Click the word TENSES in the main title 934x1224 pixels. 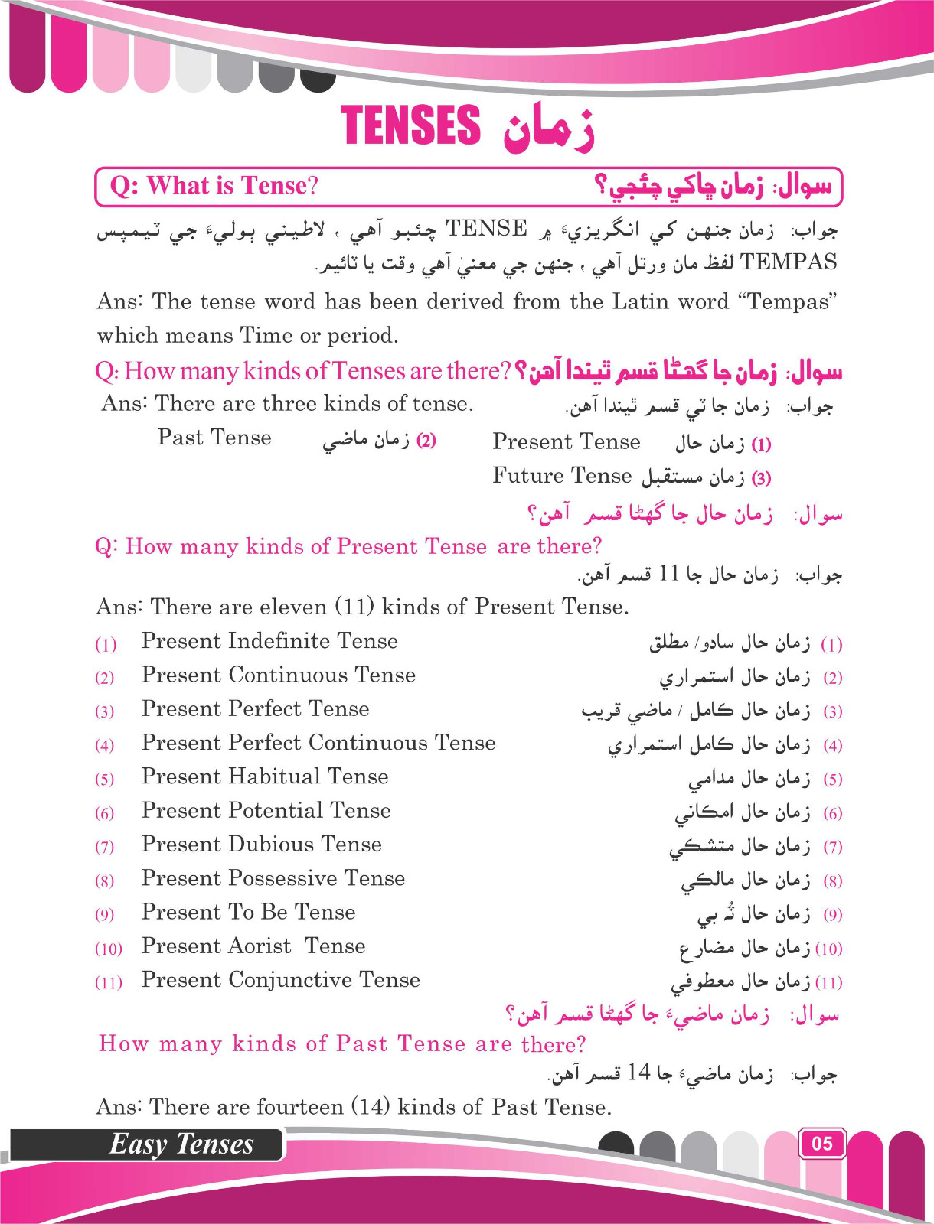tap(410, 125)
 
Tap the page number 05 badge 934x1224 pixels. tap(821, 1144)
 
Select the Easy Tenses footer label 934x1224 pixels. tap(181, 1144)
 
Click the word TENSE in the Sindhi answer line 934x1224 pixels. tap(486, 228)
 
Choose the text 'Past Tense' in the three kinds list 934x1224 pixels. tap(214, 438)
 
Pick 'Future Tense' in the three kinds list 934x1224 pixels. tap(562, 476)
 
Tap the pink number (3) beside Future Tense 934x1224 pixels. tap(761, 479)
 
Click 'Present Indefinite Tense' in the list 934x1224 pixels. tap(269, 641)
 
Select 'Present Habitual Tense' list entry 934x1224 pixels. tap(265, 776)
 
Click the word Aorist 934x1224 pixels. tap(256, 946)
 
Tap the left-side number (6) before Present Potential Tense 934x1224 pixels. tap(105, 813)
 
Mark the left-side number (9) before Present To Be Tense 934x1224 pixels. tap(105, 915)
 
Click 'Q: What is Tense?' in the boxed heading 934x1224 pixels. tap(214, 186)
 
